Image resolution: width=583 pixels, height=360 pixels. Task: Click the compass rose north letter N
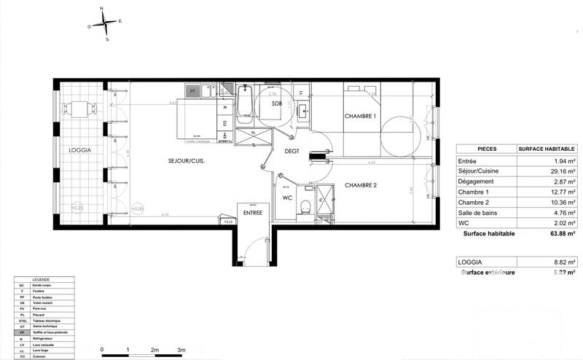(x=102, y=9)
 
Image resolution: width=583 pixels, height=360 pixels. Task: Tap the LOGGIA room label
(x=79, y=150)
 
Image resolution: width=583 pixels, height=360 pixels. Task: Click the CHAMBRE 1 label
(x=361, y=117)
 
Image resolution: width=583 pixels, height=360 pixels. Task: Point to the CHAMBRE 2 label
(x=361, y=184)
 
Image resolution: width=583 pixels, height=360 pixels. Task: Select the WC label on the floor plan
(x=287, y=197)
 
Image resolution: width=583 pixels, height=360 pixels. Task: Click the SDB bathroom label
(x=276, y=104)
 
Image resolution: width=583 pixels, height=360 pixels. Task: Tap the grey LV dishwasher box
(x=192, y=92)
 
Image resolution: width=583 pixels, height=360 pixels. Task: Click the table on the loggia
(x=79, y=109)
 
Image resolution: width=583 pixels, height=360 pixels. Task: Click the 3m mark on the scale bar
(x=181, y=351)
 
